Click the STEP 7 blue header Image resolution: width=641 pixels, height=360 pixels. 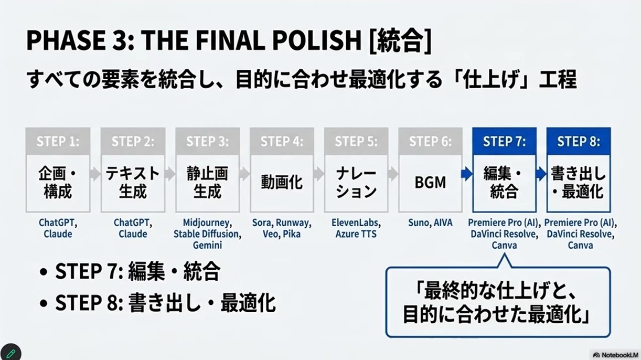504,141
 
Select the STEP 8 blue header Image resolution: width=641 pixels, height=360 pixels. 579,141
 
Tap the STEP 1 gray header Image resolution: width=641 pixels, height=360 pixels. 58,141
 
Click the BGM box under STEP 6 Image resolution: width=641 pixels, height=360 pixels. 430,183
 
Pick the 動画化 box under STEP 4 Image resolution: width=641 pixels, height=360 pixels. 282,183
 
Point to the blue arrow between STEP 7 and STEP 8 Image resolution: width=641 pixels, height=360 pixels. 541,174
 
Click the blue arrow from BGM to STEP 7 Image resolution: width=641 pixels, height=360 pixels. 467,174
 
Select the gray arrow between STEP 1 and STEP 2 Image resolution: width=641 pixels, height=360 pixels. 95,174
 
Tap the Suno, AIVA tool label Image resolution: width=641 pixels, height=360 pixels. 430,223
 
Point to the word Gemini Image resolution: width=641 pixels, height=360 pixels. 208,245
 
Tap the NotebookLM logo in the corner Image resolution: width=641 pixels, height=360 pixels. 615,355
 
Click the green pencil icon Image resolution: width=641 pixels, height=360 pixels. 10,353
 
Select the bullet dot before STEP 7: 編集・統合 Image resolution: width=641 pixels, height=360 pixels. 44,271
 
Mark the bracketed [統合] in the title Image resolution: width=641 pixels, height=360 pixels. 400,40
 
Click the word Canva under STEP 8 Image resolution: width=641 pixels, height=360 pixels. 580,246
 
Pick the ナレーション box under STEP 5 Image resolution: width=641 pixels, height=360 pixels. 356,183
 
